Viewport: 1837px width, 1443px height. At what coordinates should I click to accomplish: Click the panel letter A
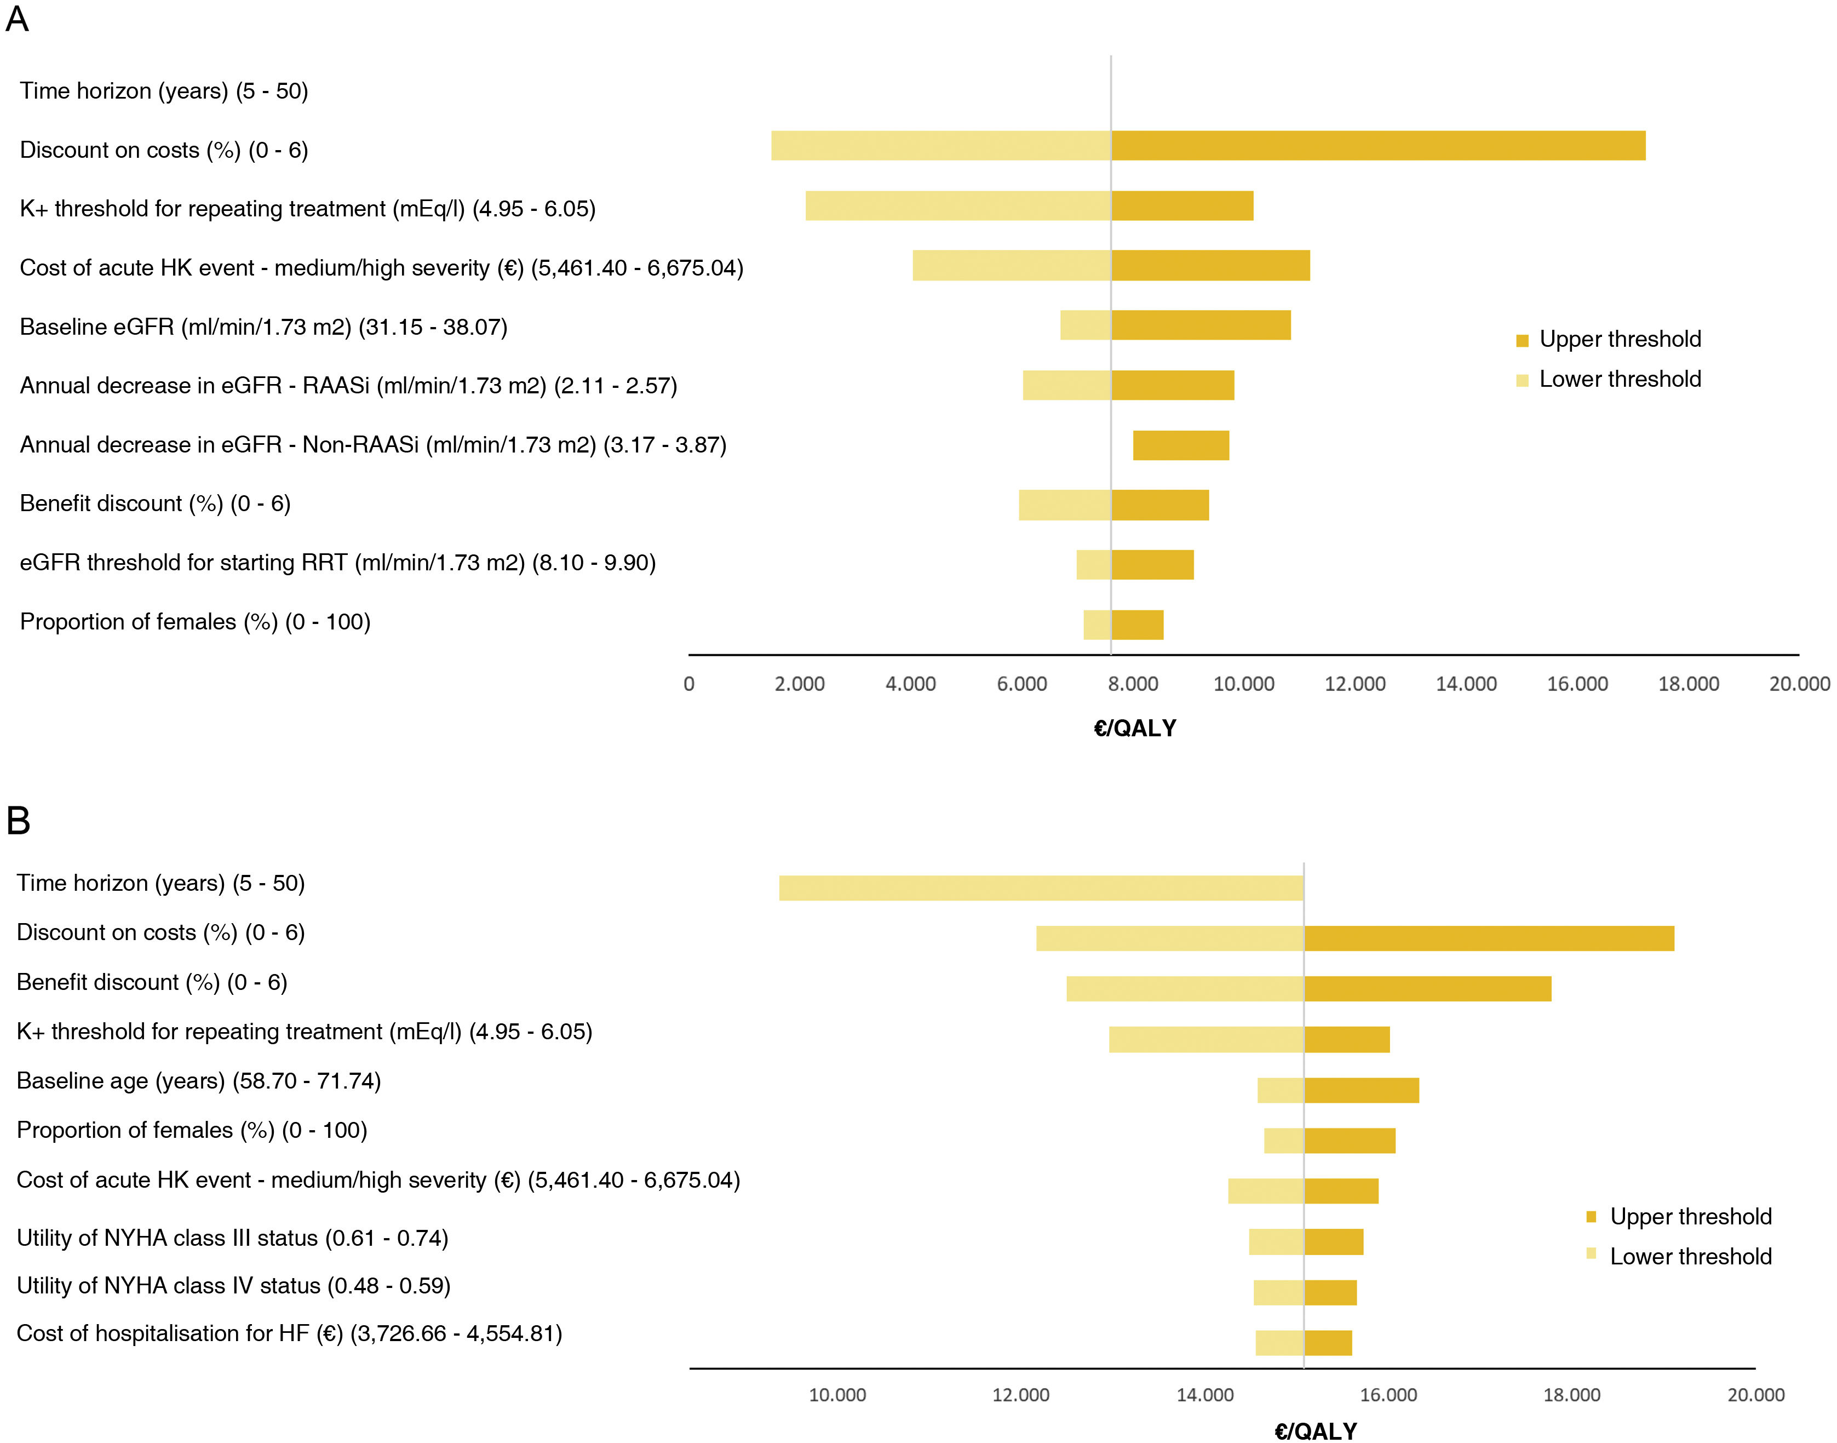(17, 19)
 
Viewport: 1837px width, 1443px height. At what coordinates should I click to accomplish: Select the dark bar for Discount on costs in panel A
(1377, 145)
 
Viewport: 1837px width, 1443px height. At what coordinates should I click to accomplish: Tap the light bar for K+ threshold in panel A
(958, 206)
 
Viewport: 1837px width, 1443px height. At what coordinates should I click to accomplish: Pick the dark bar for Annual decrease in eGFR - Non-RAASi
(1181, 445)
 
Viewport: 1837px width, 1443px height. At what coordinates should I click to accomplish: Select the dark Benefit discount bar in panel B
(1427, 988)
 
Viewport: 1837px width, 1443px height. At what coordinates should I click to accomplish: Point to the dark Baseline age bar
(1362, 1090)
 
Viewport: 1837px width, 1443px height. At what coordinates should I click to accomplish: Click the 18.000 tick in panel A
(1687, 684)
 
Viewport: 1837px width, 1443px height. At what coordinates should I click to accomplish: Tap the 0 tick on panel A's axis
(689, 684)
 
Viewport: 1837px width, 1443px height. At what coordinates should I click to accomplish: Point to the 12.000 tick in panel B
(1020, 1395)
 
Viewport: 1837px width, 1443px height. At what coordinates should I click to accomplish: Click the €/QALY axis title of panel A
(1134, 728)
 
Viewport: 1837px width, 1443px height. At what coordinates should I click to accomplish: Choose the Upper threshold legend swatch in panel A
(1522, 340)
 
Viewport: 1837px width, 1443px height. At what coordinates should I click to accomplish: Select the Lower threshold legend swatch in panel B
(1591, 1254)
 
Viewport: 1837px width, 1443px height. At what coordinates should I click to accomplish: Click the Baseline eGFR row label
(263, 327)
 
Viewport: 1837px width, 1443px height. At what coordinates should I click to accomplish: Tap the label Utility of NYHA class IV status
(233, 1286)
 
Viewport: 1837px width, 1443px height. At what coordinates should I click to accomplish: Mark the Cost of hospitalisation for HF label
(289, 1333)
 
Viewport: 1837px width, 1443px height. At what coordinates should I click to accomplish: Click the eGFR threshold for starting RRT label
(338, 563)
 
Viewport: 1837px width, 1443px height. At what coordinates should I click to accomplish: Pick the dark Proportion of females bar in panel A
(1137, 625)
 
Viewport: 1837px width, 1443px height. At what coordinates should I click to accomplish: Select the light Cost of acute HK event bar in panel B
(1265, 1191)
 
